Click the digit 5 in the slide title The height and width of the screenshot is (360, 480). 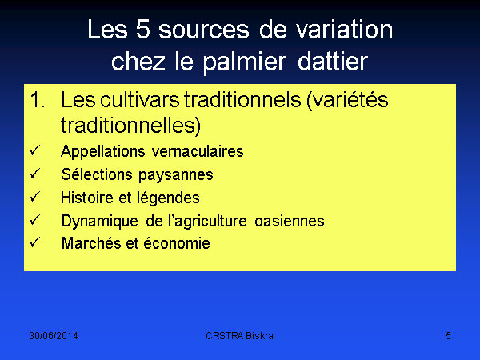[x=143, y=29]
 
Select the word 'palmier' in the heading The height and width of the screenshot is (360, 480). [x=245, y=62]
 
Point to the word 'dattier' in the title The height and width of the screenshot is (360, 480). [x=333, y=62]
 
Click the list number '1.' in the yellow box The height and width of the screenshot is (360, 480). [x=38, y=100]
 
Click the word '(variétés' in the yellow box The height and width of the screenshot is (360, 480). [x=347, y=101]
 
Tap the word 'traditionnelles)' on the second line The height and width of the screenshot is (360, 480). [x=130, y=126]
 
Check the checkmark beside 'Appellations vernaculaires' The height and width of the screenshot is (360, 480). [x=35, y=150]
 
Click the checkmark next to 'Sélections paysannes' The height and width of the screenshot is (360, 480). [x=35, y=174]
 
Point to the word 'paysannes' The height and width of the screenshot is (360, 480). [x=176, y=175]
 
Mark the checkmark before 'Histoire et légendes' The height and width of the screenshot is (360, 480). [x=35, y=196]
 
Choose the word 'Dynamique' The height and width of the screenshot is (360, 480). [x=100, y=221]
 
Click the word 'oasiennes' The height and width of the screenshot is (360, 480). [x=290, y=221]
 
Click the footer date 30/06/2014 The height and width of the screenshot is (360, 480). [x=54, y=336]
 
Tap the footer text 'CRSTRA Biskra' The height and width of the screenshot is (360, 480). [x=239, y=336]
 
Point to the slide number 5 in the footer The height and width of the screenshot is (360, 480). [x=448, y=336]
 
